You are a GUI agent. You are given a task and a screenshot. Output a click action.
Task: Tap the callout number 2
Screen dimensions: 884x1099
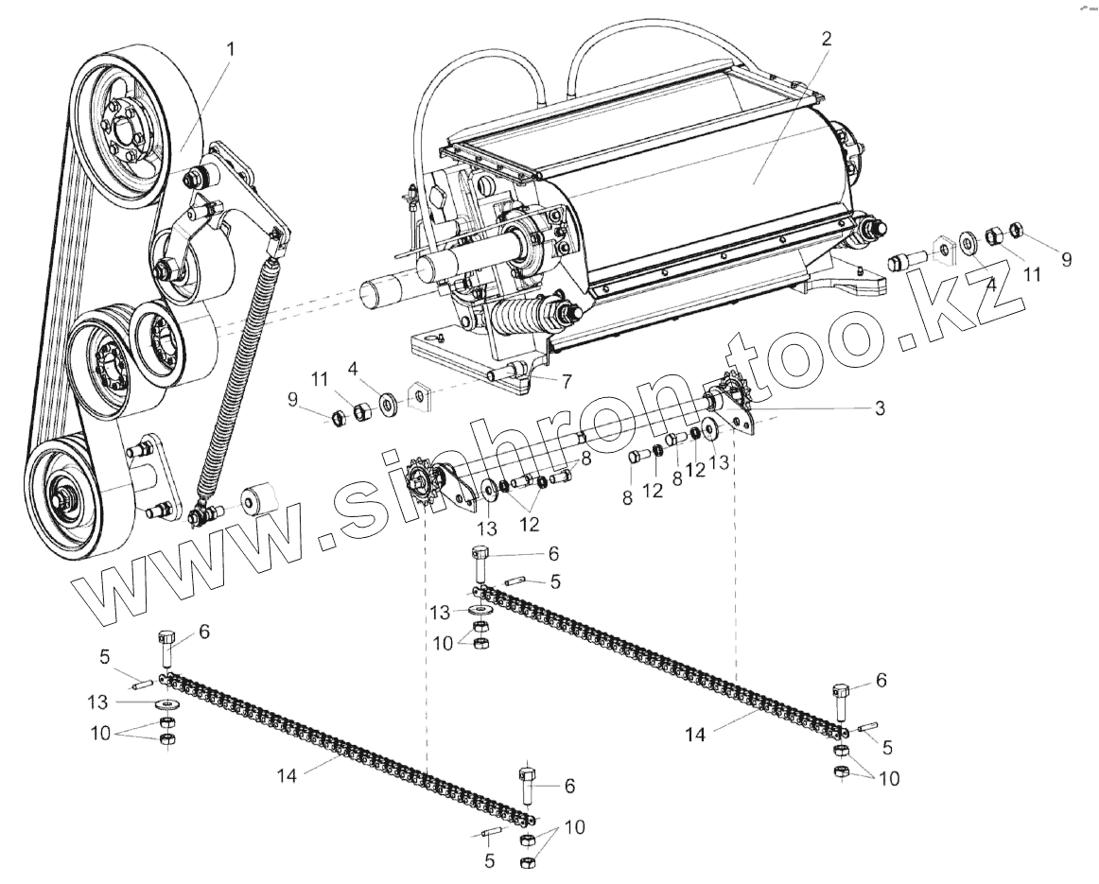[x=826, y=39]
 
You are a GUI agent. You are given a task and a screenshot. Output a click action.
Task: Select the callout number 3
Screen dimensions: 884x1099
[x=879, y=407]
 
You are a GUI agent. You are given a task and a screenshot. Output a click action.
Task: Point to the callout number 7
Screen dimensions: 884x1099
[x=566, y=382]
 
